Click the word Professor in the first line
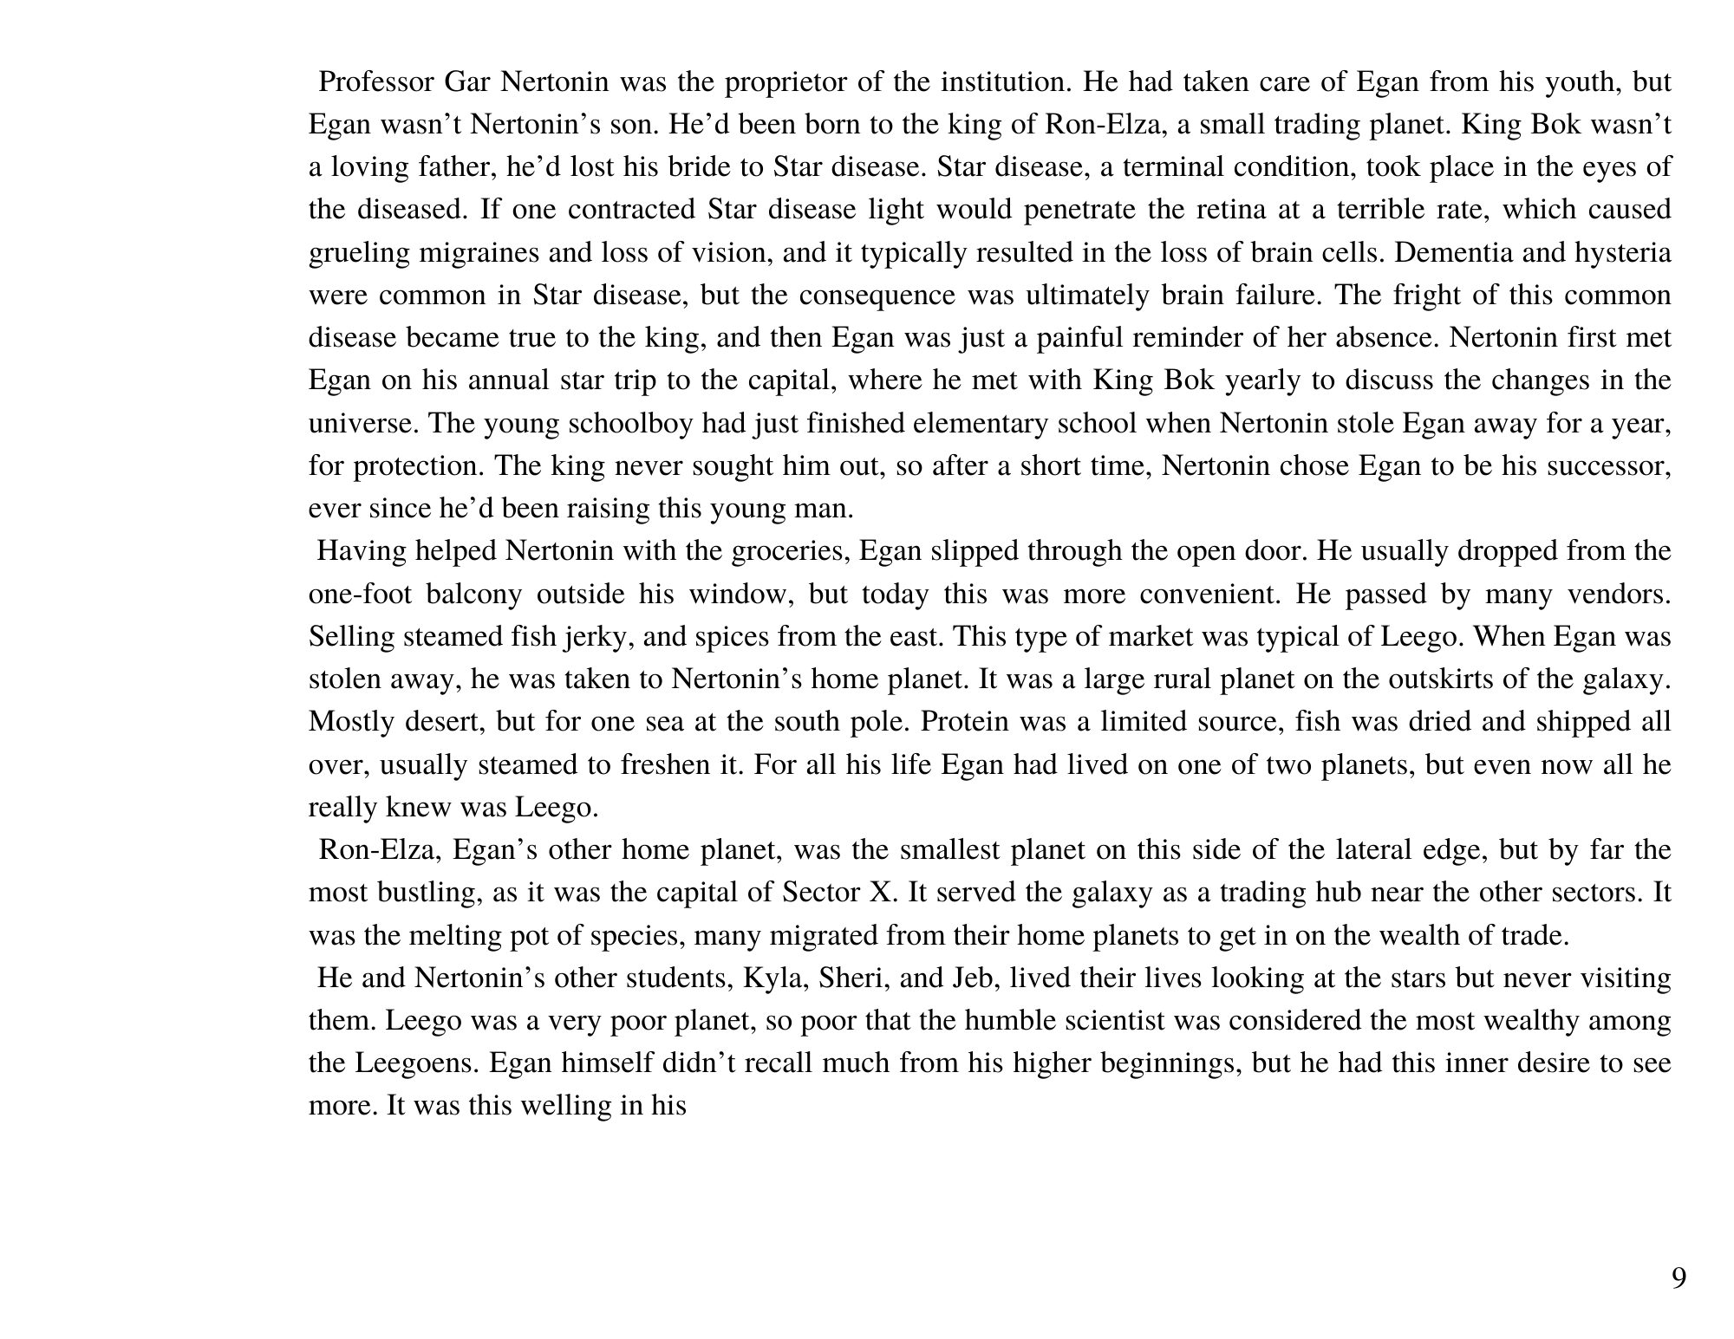(376, 82)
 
